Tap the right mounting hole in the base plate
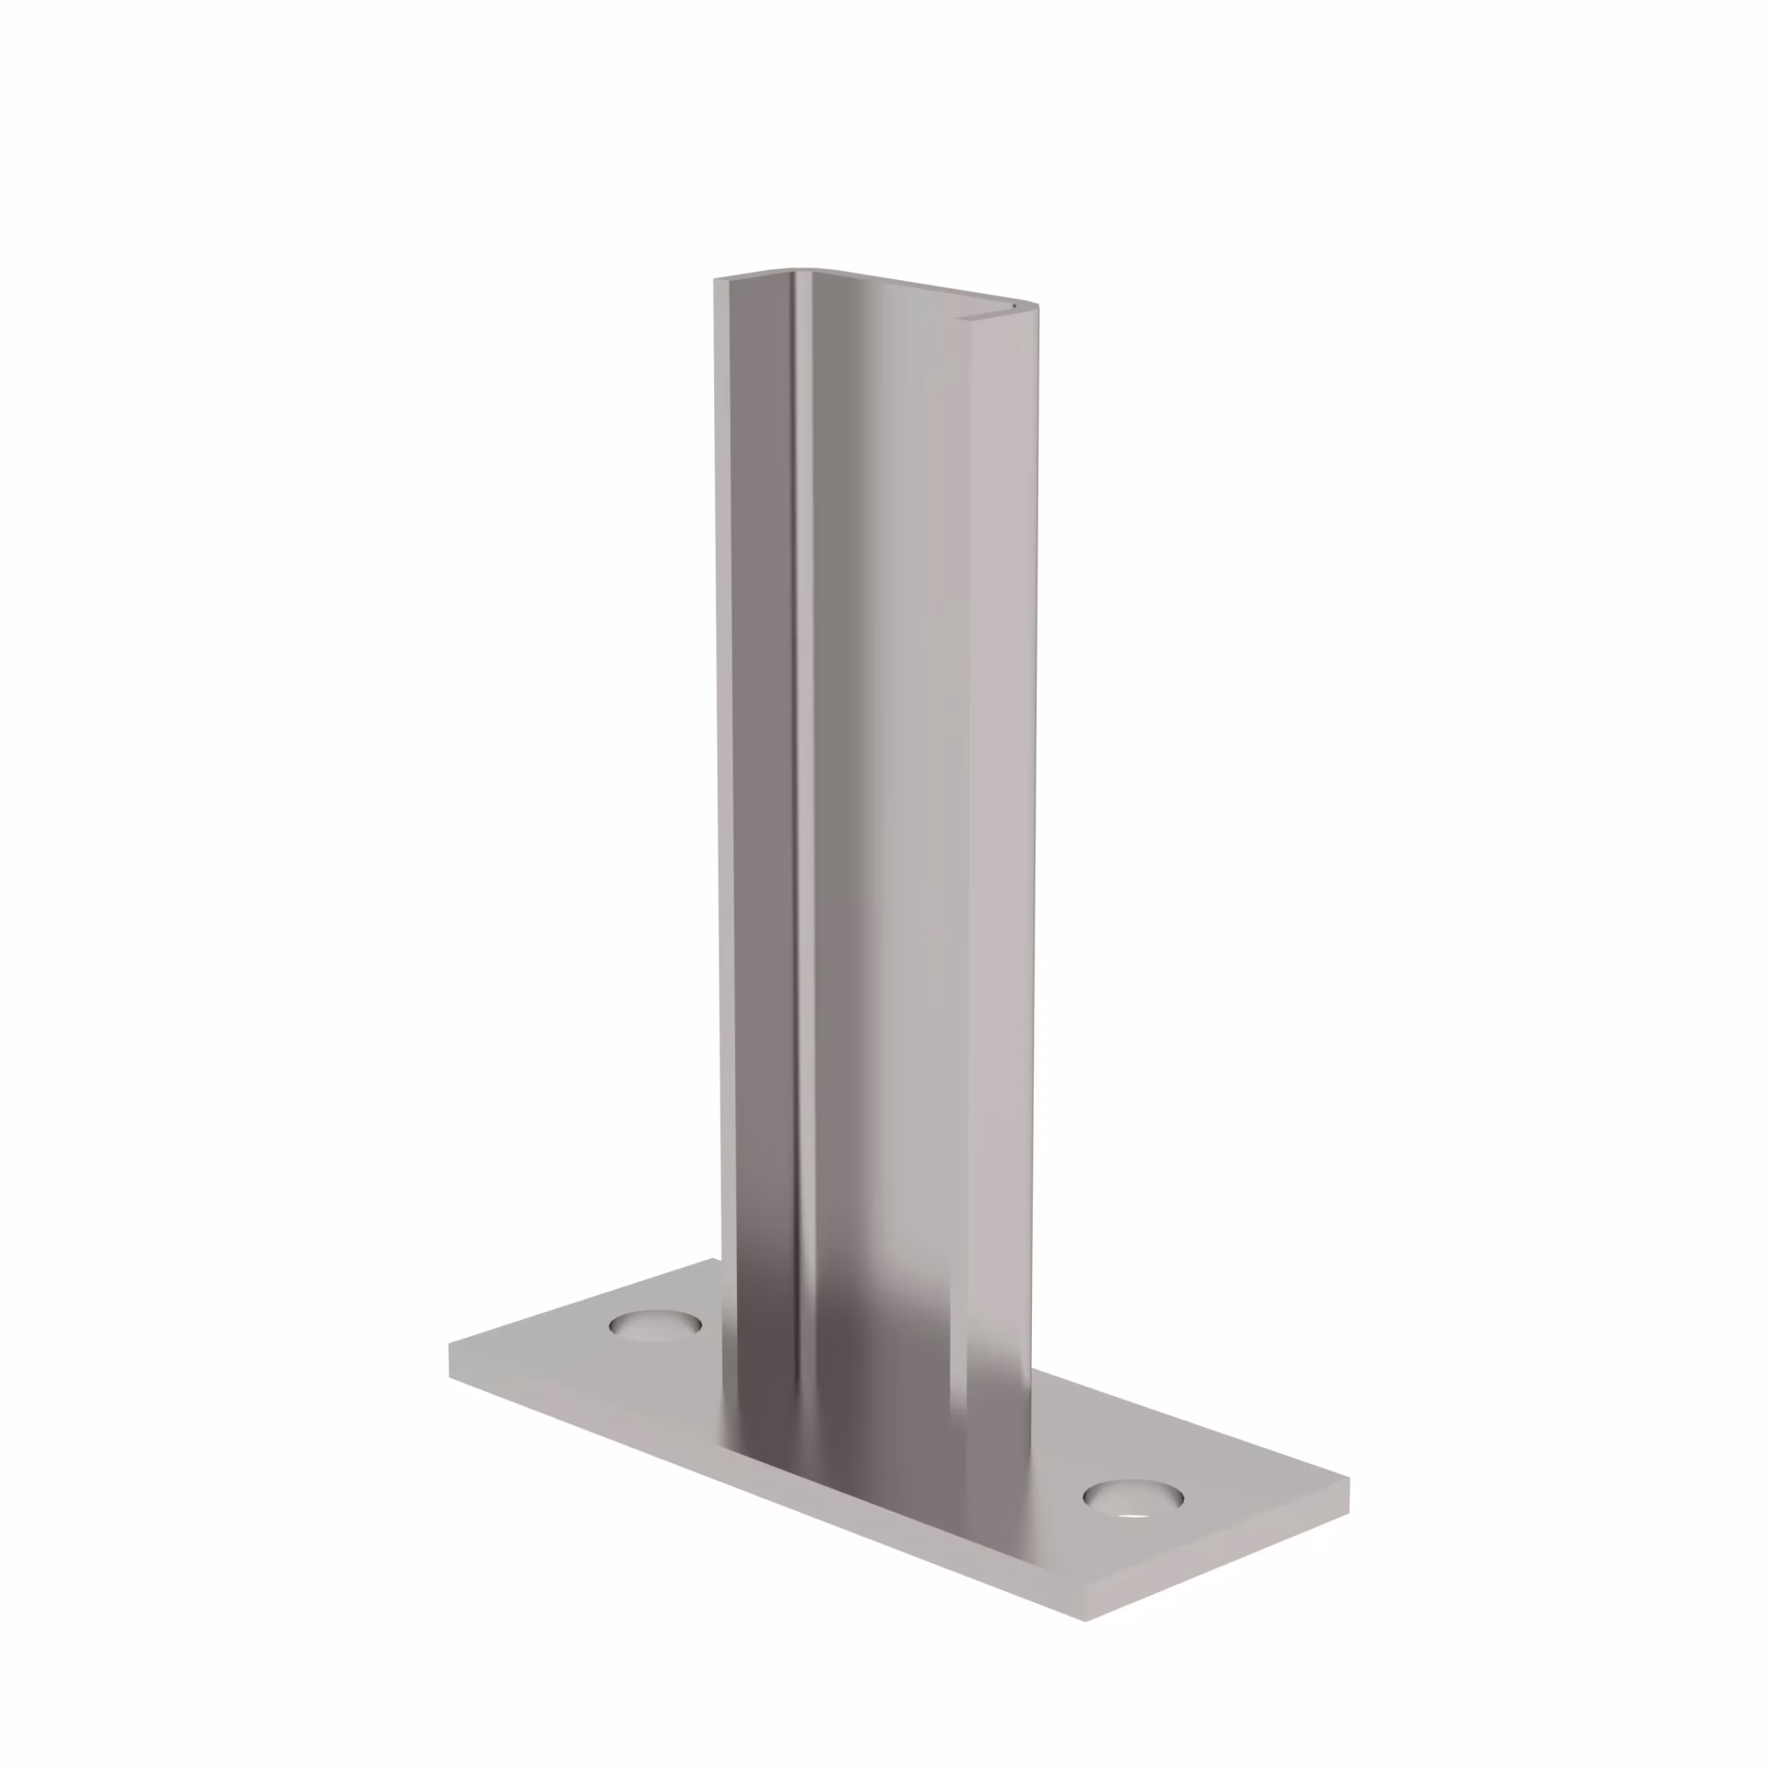[x=1132, y=1498]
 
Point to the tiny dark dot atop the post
[x=1013, y=301]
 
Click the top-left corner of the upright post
[x=716, y=279]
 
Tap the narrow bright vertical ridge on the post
[x=804, y=737]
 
